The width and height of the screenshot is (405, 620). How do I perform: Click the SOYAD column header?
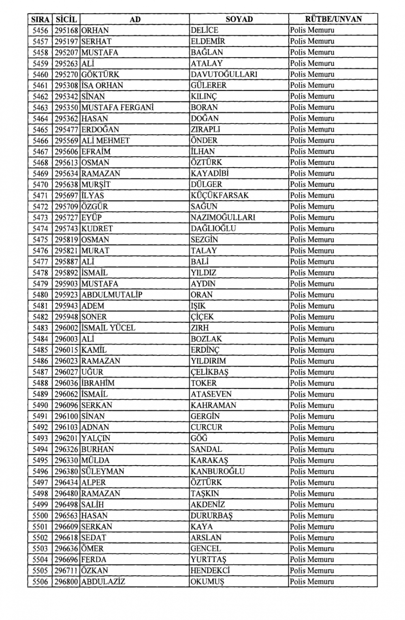pyautogui.click(x=239, y=19)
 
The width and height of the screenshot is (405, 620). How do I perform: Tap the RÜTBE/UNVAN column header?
pyautogui.click(x=333, y=19)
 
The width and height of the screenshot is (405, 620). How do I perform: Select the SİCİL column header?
pyautogui.click(x=66, y=19)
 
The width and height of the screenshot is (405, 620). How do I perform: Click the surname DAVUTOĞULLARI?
pyautogui.click(x=224, y=75)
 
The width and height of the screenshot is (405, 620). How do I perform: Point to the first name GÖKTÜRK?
pyautogui.click(x=100, y=75)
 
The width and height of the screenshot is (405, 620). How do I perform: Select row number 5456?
pyautogui.click(x=40, y=30)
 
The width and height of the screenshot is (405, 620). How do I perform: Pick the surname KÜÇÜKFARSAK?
pyautogui.click(x=220, y=196)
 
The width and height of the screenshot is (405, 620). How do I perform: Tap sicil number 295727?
pyautogui.click(x=66, y=217)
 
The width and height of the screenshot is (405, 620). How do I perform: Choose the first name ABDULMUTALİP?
pyautogui.click(x=112, y=295)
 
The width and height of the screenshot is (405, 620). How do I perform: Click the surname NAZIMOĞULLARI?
pyautogui.click(x=223, y=217)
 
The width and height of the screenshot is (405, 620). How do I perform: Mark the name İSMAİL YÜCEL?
pyautogui.click(x=108, y=328)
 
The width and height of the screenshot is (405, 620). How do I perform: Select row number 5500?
pyautogui.click(x=40, y=516)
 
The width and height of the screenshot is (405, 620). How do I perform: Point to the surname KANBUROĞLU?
pyautogui.click(x=218, y=472)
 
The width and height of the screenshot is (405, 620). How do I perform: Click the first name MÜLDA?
pyautogui.click(x=95, y=460)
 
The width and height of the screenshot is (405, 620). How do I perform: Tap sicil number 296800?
pyautogui.click(x=66, y=582)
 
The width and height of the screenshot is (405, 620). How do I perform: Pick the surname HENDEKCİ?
pyautogui.click(x=210, y=571)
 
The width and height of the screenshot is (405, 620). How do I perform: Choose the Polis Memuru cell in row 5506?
pyautogui.click(x=312, y=582)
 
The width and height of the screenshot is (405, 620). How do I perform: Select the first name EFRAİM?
pyautogui.click(x=96, y=152)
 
